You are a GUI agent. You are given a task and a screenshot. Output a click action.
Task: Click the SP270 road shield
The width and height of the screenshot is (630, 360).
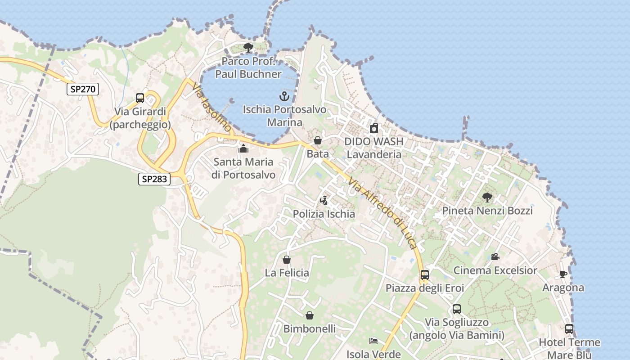[x=83, y=89]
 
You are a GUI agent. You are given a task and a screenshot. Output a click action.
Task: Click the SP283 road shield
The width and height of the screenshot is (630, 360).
[x=154, y=179]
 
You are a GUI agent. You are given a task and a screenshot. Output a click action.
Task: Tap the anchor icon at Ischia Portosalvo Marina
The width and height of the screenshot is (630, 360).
[x=284, y=96]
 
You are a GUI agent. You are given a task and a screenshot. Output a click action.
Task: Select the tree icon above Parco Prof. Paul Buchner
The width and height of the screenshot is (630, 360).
[x=248, y=47]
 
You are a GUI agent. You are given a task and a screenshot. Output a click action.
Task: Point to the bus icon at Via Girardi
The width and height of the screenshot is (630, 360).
[x=140, y=98]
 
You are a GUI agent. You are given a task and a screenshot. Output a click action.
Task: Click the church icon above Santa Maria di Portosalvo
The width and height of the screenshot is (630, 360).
[x=243, y=148]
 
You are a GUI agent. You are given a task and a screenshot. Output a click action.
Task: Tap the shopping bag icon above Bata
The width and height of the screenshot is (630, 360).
[x=318, y=141]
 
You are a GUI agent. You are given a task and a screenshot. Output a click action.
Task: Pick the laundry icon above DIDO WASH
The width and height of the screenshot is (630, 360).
[x=374, y=129]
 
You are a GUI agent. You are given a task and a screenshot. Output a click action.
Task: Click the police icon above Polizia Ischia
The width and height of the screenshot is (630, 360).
[x=324, y=200]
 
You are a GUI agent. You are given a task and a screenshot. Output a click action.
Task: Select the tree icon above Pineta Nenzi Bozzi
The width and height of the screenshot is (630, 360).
[x=487, y=197]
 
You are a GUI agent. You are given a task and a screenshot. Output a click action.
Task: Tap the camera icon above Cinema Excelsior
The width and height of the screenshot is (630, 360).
[x=495, y=257]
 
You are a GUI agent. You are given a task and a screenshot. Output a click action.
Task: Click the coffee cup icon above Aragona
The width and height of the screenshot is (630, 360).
[x=563, y=274]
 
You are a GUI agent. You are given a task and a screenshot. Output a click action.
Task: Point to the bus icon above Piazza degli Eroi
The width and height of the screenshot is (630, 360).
[x=424, y=274]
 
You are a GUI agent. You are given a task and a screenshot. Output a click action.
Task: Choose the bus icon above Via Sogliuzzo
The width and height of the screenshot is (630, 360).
[x=457, y=309]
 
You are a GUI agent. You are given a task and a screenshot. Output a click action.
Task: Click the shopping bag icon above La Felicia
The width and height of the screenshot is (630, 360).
[x=287, y=260]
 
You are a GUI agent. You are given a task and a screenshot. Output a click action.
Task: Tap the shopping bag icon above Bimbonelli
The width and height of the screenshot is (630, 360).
[x=310, y=315]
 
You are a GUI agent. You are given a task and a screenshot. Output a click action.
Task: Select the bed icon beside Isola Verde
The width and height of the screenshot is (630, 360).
[x=373, y=341]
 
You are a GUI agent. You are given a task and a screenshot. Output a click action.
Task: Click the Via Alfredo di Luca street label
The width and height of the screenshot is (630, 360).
[x=383, y=213]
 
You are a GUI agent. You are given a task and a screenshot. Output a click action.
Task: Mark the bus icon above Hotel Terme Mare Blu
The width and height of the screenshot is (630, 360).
[x=569, y=329]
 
